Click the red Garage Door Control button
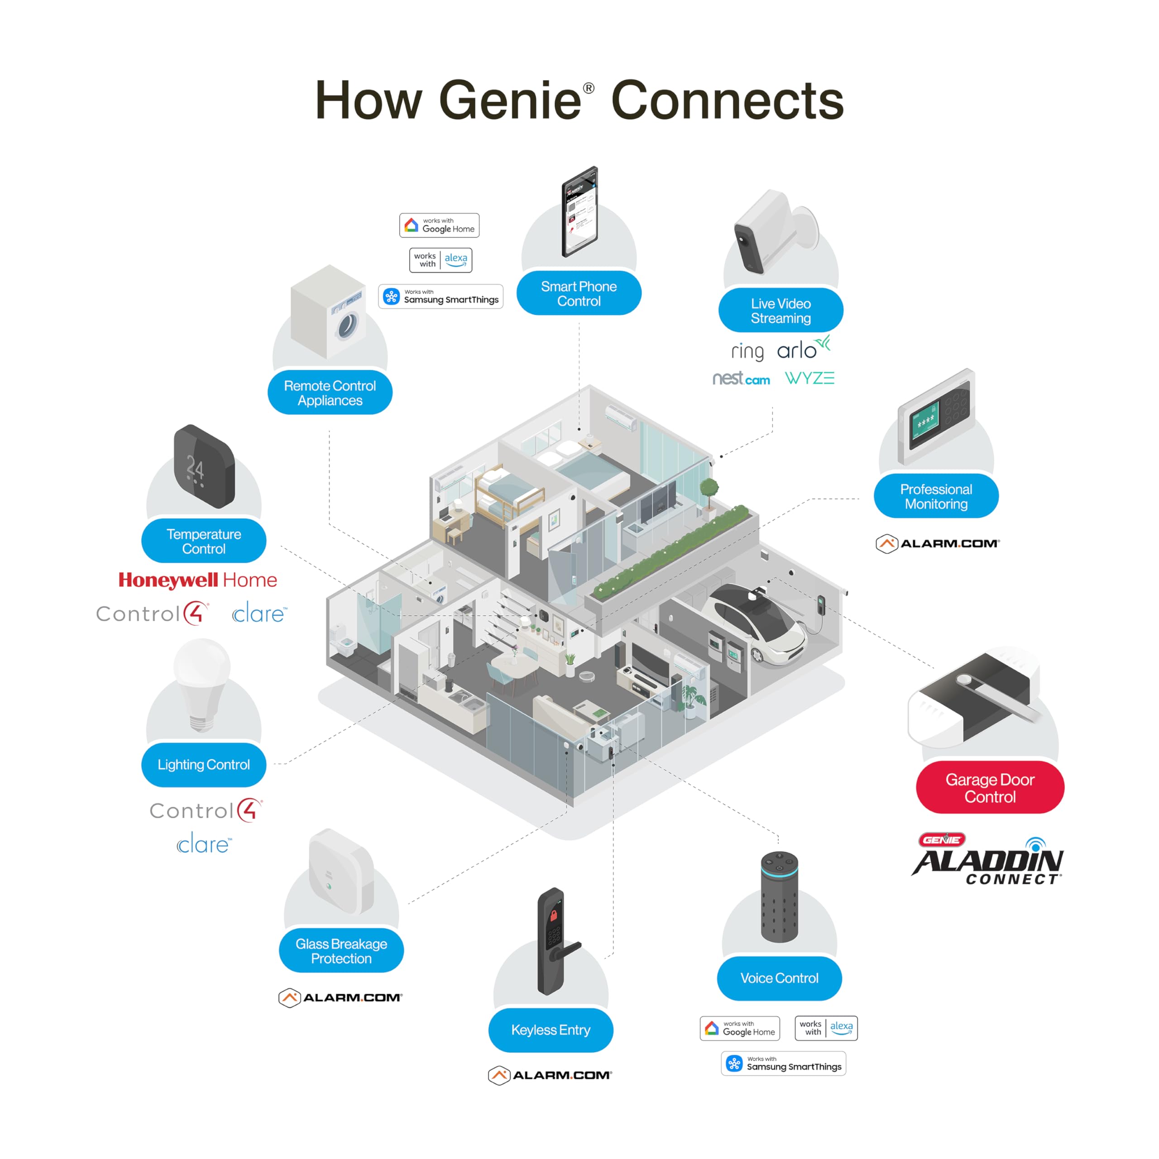990,788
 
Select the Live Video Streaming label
781,310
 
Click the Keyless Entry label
550,1030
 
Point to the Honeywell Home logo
197,579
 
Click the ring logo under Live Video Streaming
747,351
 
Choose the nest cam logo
741,378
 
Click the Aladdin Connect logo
987,860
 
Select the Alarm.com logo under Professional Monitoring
937,543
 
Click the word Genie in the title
510,100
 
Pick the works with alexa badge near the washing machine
441,260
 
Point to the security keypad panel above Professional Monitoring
936,417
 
